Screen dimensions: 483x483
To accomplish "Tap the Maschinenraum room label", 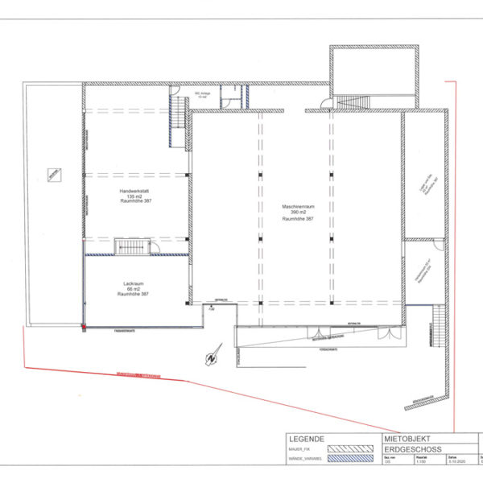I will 297,212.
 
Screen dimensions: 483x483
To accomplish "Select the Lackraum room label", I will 134,288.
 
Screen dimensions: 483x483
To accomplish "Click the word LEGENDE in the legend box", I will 306,439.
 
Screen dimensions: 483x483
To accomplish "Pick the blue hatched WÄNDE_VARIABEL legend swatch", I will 352,460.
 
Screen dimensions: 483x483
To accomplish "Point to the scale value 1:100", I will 421,464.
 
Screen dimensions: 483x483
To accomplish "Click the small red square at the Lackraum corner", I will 83,326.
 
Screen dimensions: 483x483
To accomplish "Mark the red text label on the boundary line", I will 138,375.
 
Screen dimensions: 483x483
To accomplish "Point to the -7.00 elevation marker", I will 212,308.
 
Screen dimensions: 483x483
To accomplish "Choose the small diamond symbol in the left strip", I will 54,175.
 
